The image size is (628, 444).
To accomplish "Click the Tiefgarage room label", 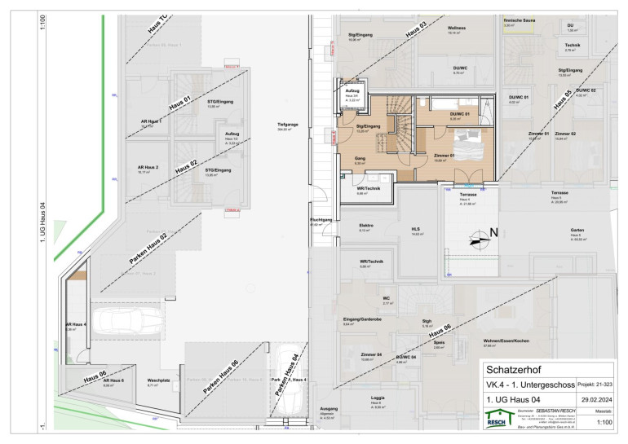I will (x=287, y=125).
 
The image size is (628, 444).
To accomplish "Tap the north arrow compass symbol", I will (x=477, y=239).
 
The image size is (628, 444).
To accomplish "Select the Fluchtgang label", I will (x=321, y=220).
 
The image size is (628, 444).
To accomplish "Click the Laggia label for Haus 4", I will (x=376, y=398).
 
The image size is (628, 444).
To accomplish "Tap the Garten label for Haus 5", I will (x=577, y=231).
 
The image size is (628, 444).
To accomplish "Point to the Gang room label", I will (x=360, y=159).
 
